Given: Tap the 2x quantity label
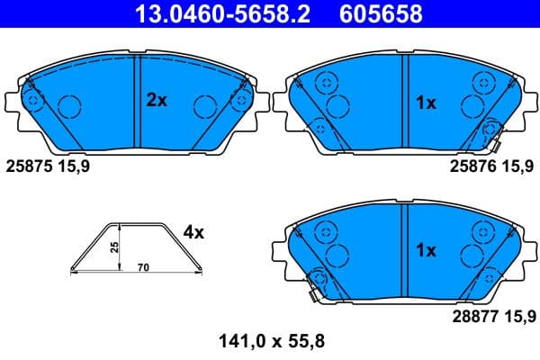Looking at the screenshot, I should click(157, 101).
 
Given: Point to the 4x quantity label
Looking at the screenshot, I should click(193, 232).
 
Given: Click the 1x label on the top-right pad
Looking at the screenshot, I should click(426, 103).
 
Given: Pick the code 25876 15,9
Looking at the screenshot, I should click(490, 166).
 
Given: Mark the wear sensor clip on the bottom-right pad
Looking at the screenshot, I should click(314, 286).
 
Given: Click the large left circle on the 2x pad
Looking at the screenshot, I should click(69, 108).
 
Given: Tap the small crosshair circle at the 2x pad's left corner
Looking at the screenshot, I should click(33, 100).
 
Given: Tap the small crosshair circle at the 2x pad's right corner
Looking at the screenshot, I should click(240, 100).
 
